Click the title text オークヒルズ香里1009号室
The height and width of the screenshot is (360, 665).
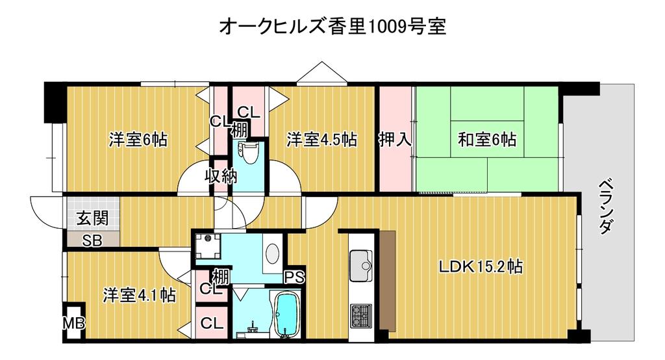[x=332, y=27]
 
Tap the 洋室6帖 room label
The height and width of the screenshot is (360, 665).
[x=138, y=140]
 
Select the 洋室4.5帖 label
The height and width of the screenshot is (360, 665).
[x=321, y=140]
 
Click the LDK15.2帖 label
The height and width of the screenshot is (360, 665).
[x=481, y=266]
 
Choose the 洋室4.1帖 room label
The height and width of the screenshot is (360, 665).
[x=139, y=295]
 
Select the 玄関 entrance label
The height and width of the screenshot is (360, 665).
[x=92, y=218]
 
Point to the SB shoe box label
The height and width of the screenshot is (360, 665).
[x=92, y=240]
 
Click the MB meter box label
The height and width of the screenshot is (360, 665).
[x=74, y=324]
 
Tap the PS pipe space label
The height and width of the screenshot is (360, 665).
[x=294, y=277]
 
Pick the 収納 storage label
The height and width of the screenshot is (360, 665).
[x=221, y=175]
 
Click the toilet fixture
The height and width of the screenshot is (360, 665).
[x=247, y=153]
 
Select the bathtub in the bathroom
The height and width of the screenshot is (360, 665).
[x=285, y=315]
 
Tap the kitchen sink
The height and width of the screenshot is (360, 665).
[x=361, y=266]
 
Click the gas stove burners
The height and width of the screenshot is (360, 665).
[x=361, y=316]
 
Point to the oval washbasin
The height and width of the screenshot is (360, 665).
[x=272, y=253]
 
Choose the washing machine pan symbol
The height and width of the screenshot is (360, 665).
[x=208, y=246]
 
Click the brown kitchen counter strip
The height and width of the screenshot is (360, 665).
[x=387, y=278]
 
